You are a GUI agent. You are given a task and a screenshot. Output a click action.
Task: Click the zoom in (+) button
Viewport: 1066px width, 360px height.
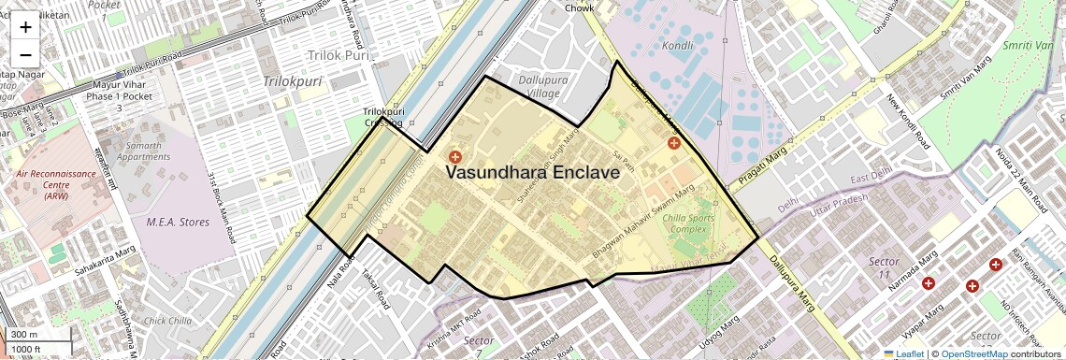coord(25,27)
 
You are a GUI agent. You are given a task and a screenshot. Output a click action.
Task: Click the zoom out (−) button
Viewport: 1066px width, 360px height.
coord(25,54)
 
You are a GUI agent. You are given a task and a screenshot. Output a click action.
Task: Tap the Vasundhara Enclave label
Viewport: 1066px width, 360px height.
coord(532,173)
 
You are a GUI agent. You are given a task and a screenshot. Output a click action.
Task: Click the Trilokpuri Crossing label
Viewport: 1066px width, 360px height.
coord(383,117)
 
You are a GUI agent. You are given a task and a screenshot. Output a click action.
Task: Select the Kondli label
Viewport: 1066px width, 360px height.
coord(677,45)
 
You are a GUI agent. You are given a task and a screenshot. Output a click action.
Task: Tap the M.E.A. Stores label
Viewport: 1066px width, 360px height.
coord(179,222)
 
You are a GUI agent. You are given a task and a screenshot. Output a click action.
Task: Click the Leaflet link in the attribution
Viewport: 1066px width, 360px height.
coord(902,354)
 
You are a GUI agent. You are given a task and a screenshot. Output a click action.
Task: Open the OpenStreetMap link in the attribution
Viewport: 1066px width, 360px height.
coord(974,354)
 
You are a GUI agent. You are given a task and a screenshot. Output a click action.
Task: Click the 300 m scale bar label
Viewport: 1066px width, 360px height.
coord(24,335)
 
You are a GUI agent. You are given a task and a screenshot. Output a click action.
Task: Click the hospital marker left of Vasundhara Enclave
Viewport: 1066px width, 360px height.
coord(455,157)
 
